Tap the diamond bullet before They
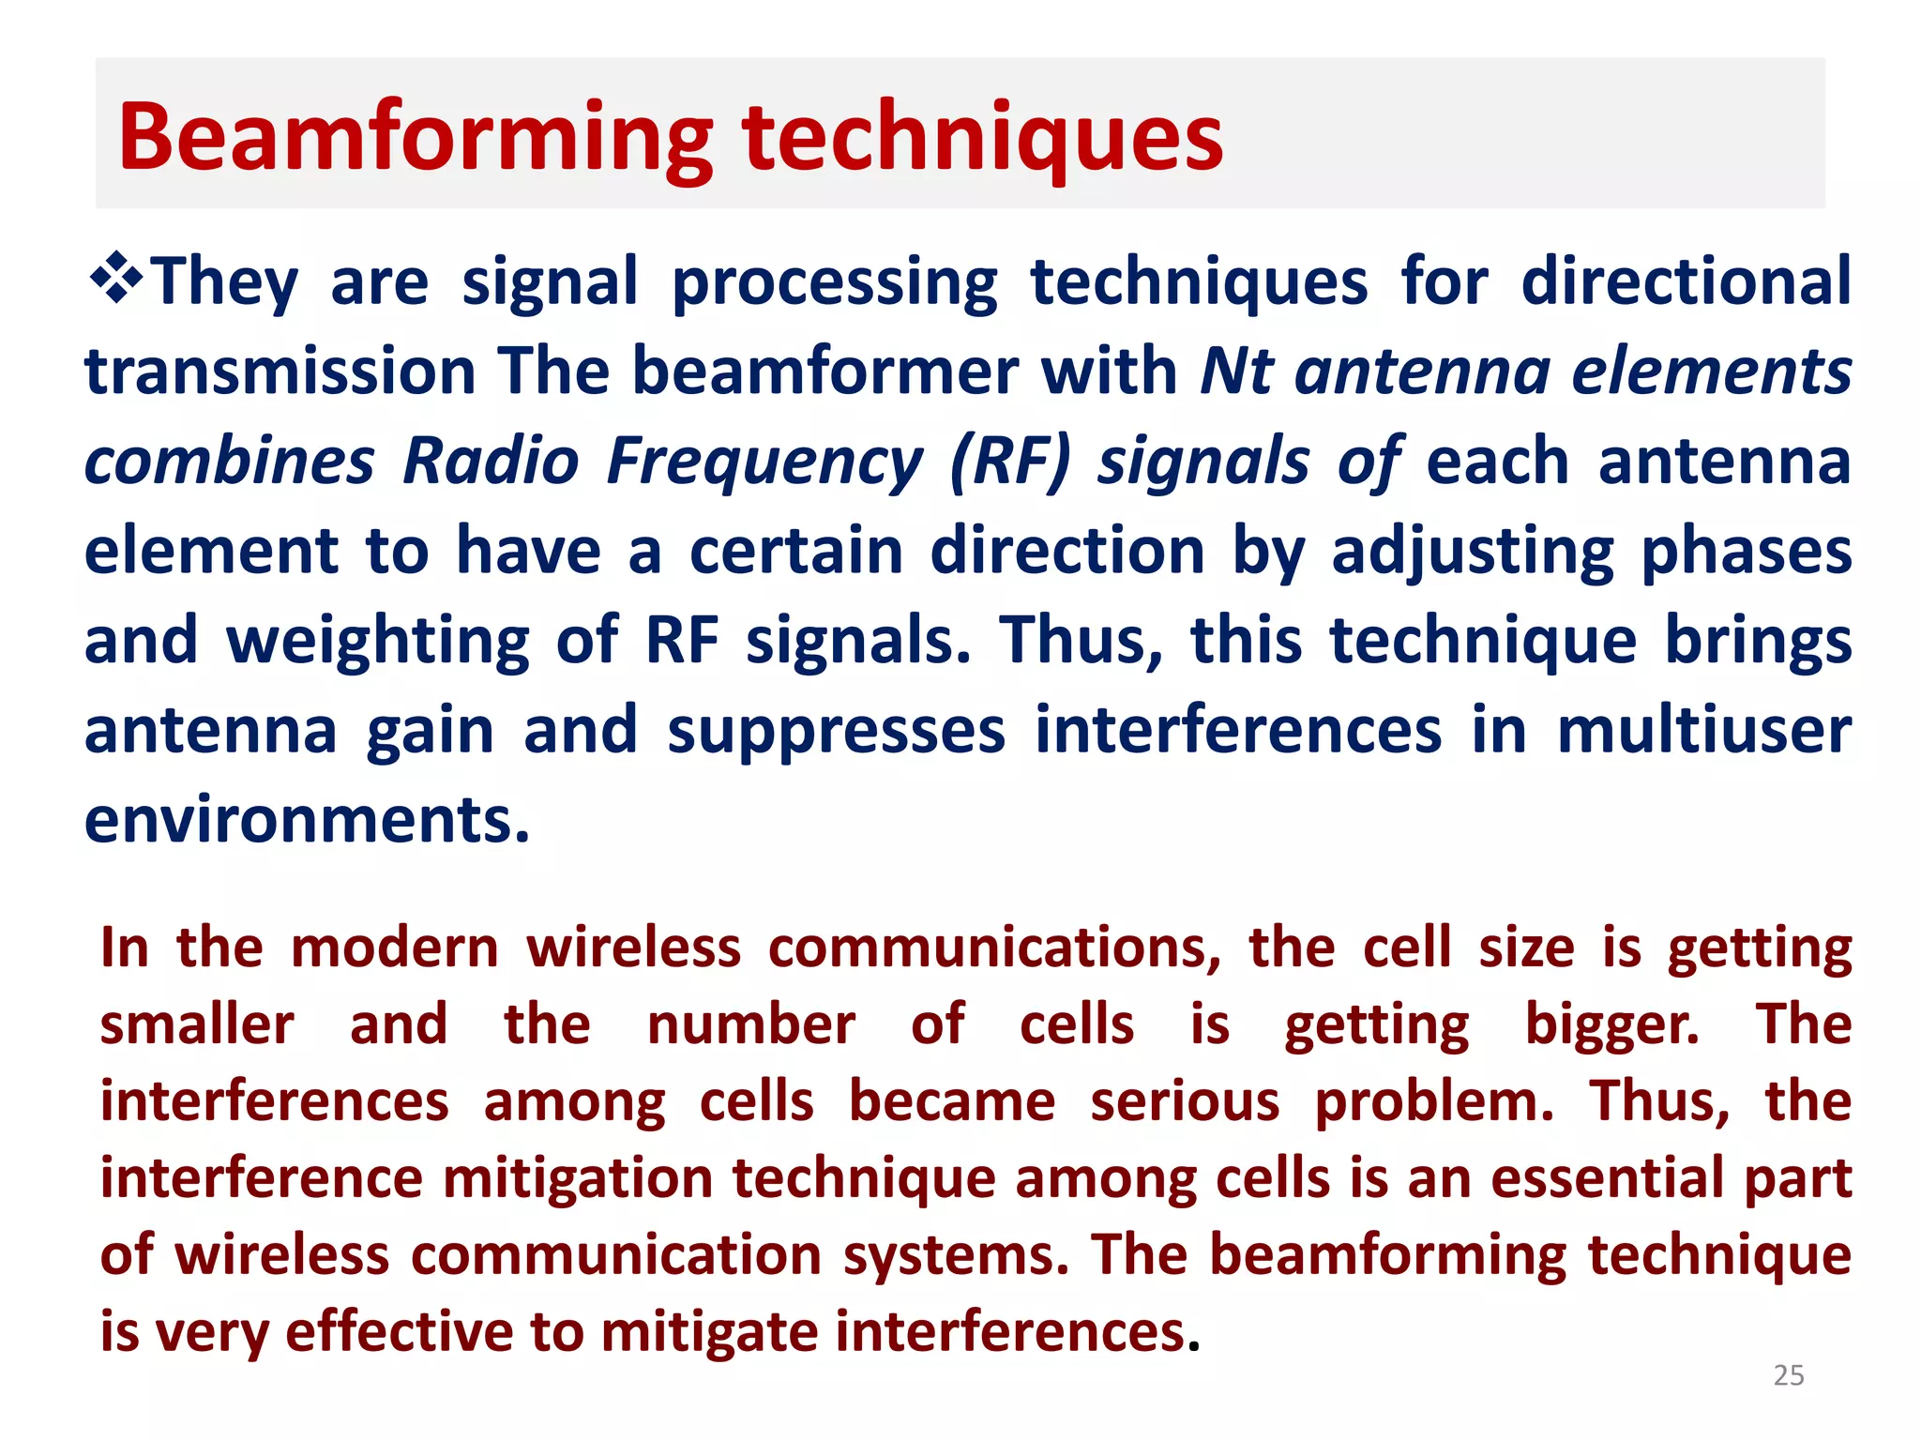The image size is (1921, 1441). (x=116, y=279)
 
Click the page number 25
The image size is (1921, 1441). (x=1789, y=1375)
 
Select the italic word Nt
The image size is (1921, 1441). (x=1236, y=371)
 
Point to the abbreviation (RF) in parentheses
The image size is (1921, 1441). (x=1009, y=462)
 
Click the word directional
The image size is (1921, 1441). (x=1686, y=281)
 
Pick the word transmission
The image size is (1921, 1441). (x=280, y=371)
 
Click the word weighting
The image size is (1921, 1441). (x=378, y=641)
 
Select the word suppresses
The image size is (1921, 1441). (x=836, y=731)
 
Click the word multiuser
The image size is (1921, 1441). (x=1703, y=731)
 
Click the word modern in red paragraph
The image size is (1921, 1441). (x=395, y=948)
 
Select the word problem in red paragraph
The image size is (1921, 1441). (x=1433, y=1101)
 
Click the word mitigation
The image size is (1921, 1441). (x=578, y=1178)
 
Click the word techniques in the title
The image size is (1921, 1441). (x=982, y=139)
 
